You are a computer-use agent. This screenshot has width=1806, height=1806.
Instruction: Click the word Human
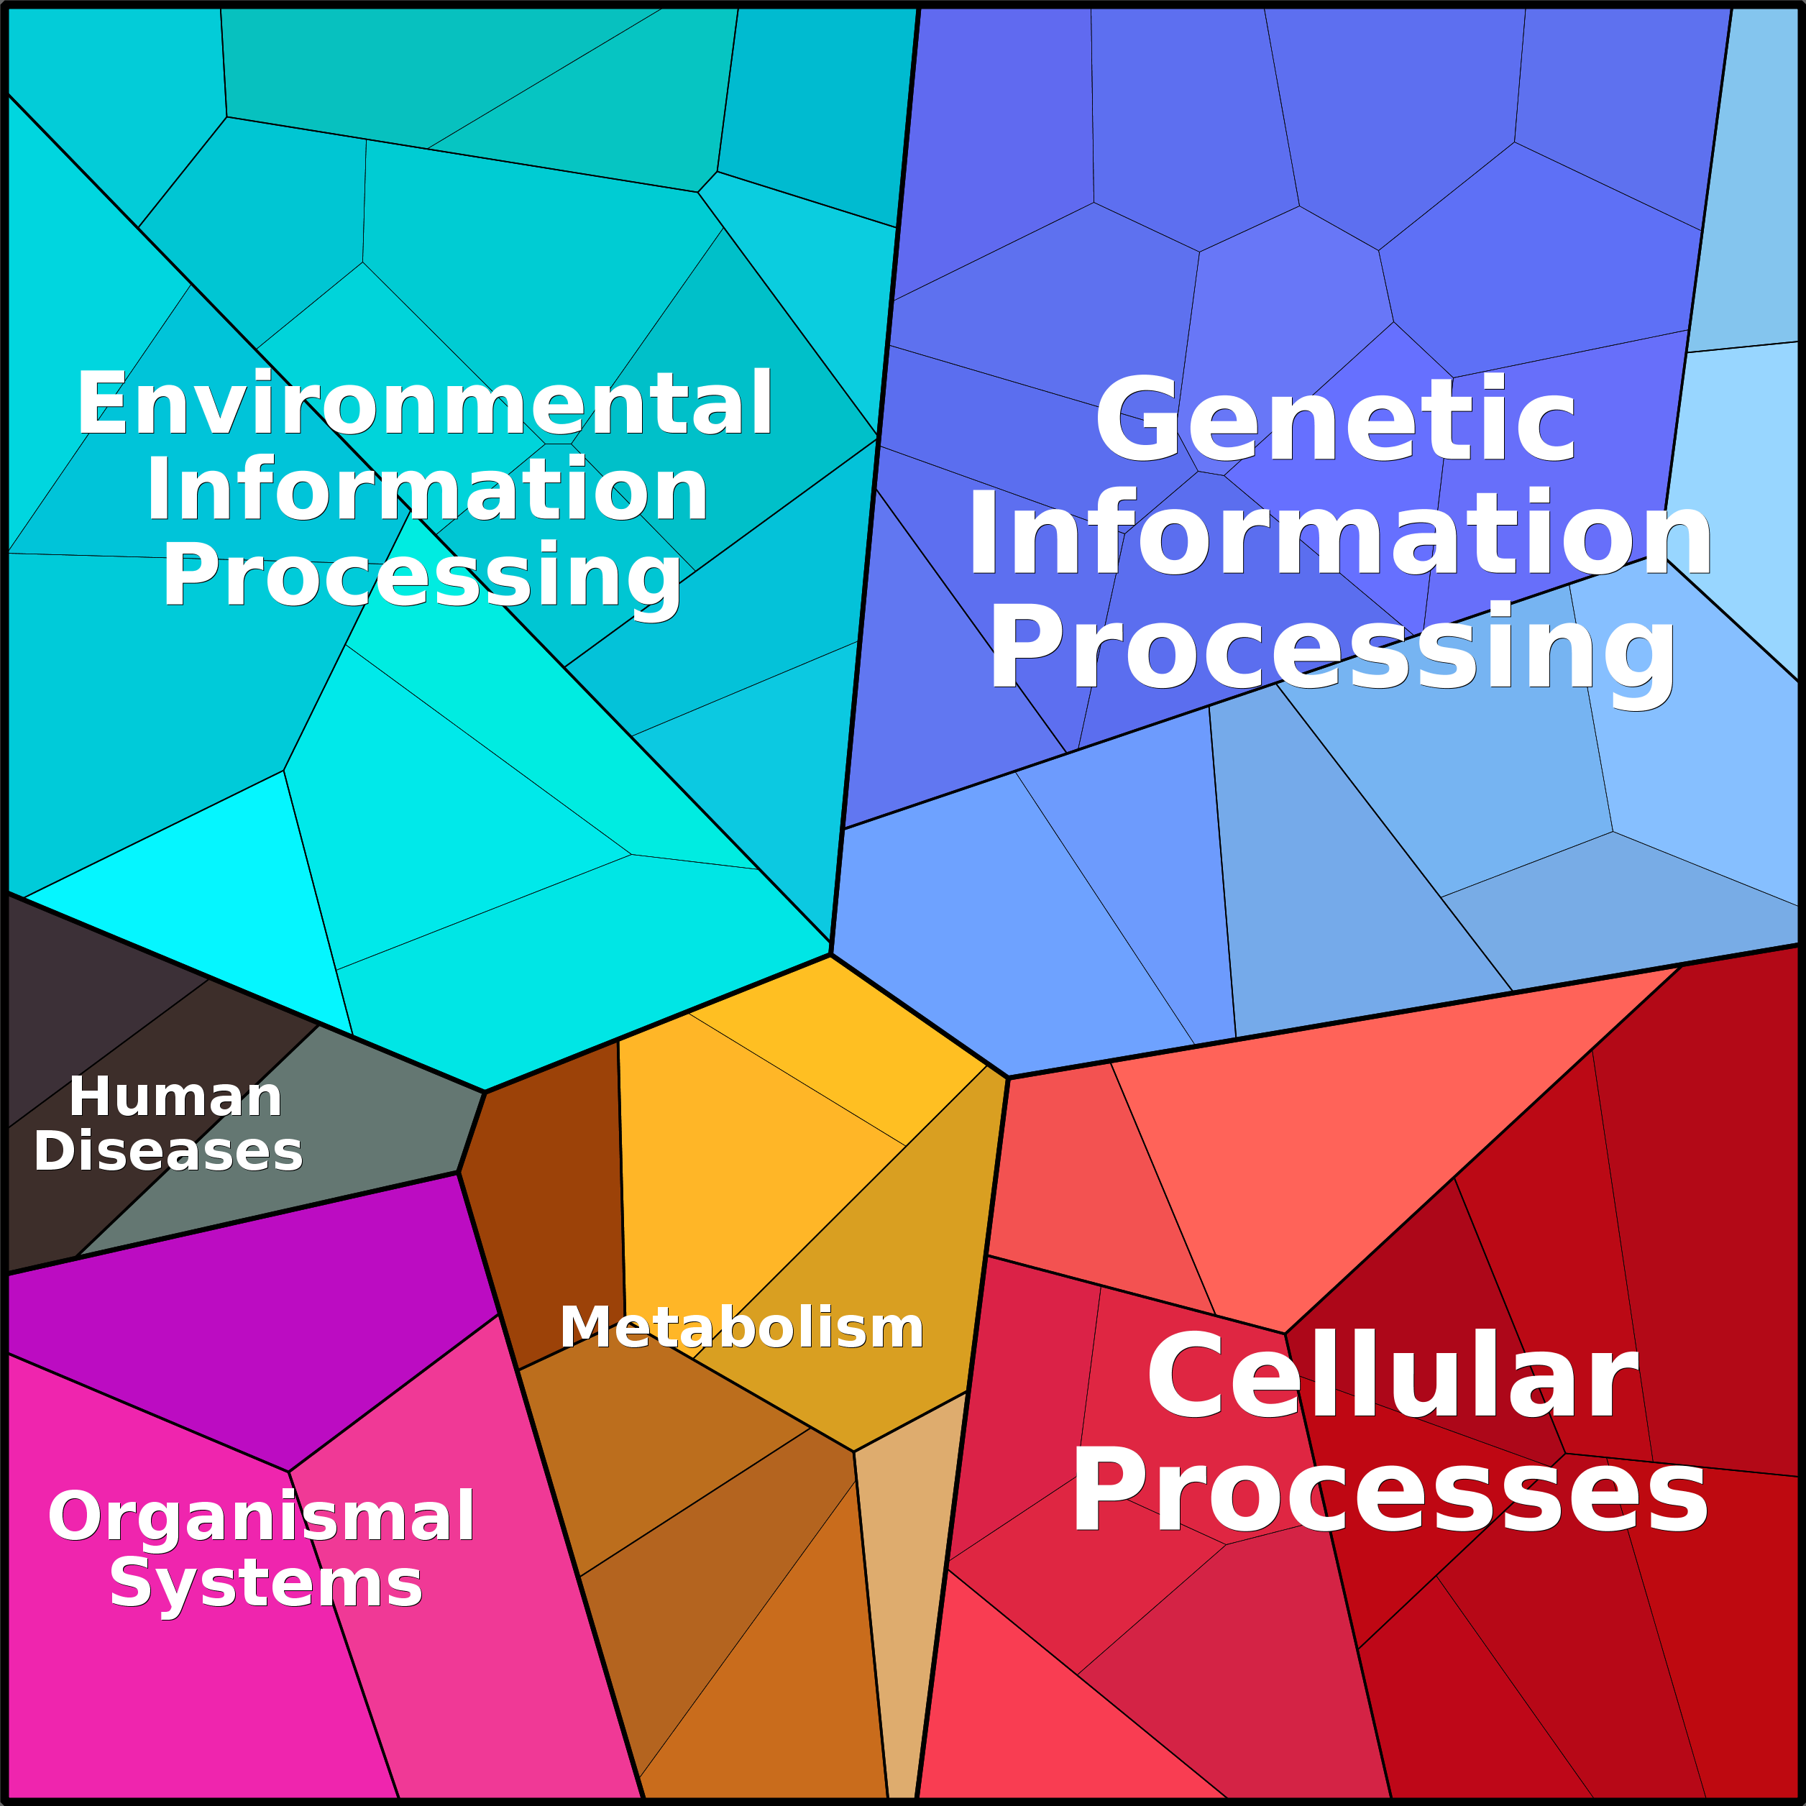tap(175, 1096)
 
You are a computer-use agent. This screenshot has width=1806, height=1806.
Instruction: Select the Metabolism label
tap(741, 1327)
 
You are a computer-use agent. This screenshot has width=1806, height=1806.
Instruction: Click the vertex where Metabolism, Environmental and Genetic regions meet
tap(830, 955)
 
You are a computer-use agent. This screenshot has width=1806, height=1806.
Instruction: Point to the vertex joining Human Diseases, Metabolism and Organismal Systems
tap(458, 1172)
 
